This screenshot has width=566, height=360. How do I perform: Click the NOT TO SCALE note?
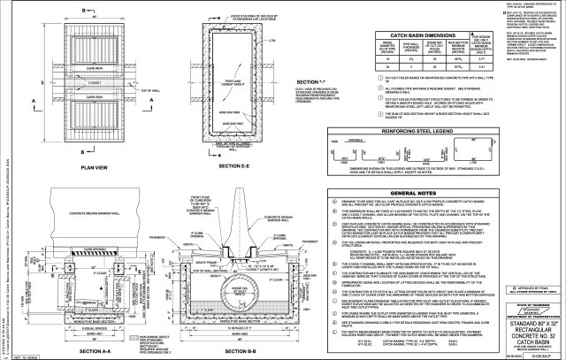tap(12, 356)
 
